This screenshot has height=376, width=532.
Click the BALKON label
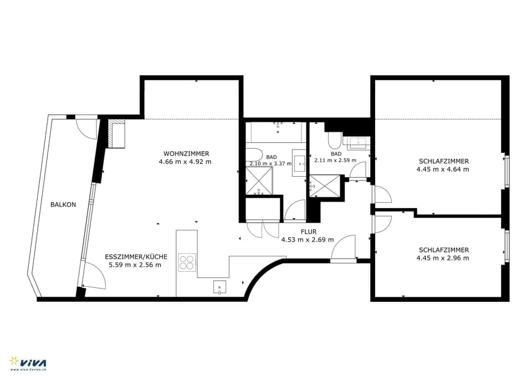coord(63,204)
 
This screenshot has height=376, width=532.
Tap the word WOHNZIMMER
coord(186,153)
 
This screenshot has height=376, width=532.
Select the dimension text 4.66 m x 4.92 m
coord(185,162)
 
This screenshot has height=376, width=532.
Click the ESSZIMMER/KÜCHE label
coord(136,257)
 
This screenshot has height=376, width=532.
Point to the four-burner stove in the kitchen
coord(187,261)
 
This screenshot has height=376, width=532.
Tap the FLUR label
coord(308,231)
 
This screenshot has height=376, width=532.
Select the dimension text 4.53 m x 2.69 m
coord(308,240)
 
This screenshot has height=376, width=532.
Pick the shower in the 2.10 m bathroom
coord(259,181)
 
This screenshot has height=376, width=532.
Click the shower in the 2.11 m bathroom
coord(325,187)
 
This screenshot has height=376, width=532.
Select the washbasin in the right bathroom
coord(358,142)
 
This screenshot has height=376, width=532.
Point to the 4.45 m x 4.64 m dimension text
coord(443,169)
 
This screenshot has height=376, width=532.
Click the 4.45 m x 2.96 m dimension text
coord(443,258)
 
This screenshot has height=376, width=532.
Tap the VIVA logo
coord(28,362)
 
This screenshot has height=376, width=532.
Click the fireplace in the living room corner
coord(117,135)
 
